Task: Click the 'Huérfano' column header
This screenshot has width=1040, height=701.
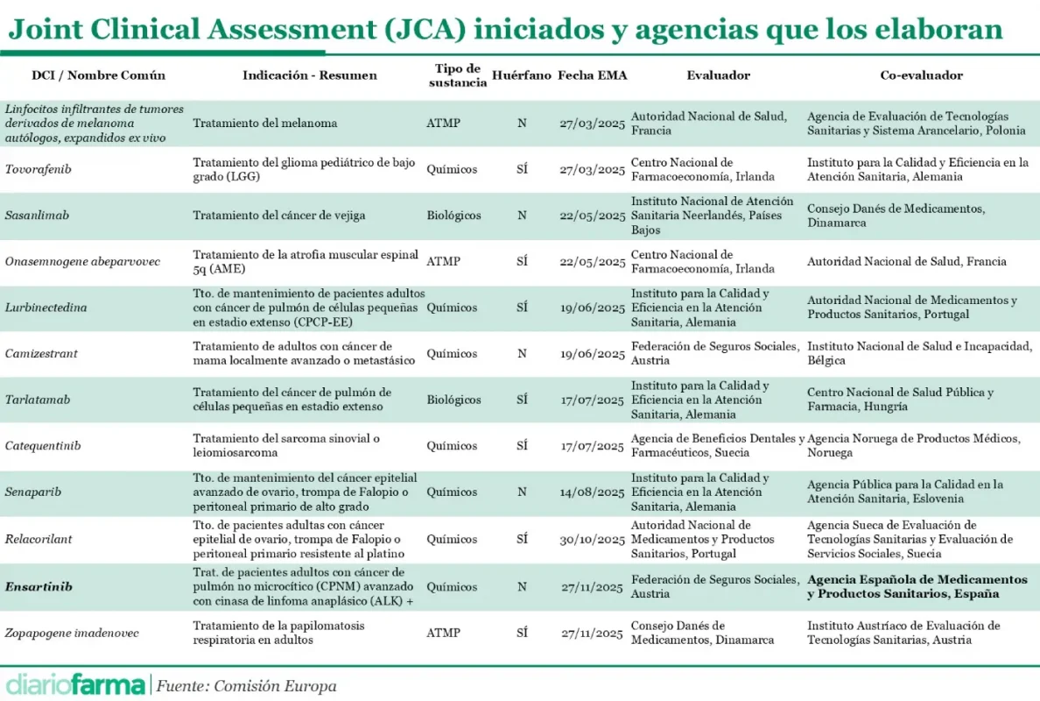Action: [x=522, y=75]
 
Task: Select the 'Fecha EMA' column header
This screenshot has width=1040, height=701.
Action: [x=593, y=75]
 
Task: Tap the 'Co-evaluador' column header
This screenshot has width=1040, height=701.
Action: [x=921, y=75]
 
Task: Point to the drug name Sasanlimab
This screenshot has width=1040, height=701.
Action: [x=38, y=216]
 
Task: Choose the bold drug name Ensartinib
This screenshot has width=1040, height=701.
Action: [x=39, y=587]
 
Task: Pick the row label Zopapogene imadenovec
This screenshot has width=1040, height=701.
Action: [x=72, y=633]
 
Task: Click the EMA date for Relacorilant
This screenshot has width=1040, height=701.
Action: [x=593, y=540]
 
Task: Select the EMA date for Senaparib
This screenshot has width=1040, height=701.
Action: [x=593, y=492]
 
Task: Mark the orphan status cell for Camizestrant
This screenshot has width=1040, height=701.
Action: [x=522, y=354]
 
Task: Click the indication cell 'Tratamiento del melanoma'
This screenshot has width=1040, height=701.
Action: [x=264, y=124]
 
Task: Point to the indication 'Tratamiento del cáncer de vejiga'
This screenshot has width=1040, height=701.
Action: [x=278, y=216]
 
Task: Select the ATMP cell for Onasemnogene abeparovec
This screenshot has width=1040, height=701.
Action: [x=443, y=261]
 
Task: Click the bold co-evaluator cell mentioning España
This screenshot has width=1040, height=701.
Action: [x=917, y=587]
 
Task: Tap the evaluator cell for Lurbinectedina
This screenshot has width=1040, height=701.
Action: [x=699, y=308]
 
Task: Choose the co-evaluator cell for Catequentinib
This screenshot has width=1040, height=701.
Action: [x=913, y=446]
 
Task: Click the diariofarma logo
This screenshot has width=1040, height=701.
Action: [x=75, y=684]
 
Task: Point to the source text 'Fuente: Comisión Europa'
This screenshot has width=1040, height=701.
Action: [x=246, y=686]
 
